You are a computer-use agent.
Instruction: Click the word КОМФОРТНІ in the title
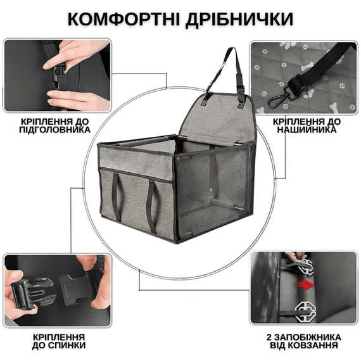(120, 20)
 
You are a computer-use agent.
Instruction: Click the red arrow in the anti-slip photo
(308, 286)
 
